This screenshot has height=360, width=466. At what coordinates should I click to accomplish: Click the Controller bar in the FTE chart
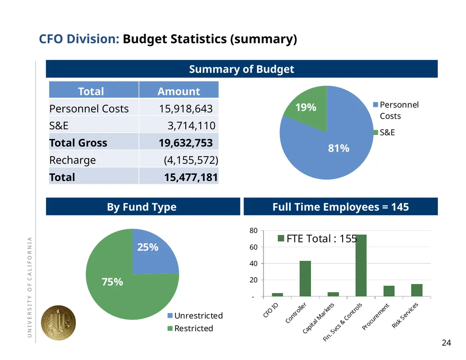tap(305, 279)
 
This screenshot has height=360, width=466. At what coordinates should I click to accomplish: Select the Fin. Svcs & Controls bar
tap(361, 265)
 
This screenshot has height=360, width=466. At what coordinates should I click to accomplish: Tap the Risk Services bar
tap(417, 290)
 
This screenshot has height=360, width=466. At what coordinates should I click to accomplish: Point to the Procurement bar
tap(389, 291)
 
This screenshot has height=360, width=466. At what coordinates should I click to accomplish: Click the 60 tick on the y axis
tap(253, 247)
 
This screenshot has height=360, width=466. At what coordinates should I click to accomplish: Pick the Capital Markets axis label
tap(318, 318)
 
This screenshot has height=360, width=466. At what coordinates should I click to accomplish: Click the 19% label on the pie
tap(306, 107)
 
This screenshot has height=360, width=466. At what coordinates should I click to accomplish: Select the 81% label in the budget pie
tap(339, 148)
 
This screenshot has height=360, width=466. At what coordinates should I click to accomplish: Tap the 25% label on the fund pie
tap(148, 247)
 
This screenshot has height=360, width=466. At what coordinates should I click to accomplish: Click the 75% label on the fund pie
tap(112, 282)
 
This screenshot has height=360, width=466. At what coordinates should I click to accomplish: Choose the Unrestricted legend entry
tap(195, 315)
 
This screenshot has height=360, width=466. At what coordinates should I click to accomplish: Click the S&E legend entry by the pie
tap(384, 132)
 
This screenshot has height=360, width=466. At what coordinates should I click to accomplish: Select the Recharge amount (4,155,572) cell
tap(191, 160)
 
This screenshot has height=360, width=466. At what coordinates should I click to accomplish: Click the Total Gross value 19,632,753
tap(186, 143)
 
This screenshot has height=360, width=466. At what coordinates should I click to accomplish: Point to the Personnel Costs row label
tap(89, 109)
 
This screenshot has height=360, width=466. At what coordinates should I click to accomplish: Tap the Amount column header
tap(178, 91)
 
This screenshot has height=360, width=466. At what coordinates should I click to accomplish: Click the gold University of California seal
tap(58, 323)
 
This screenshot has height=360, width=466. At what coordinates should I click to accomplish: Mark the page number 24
tap(446, 343)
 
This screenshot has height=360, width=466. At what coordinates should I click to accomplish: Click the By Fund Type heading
tap(142, 207)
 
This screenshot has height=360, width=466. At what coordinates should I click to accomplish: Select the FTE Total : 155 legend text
tap(317, 238)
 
